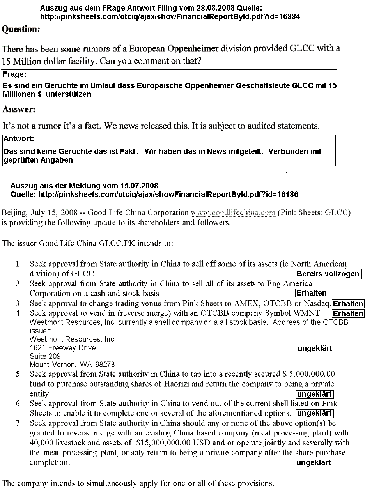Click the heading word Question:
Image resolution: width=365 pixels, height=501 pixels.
[x=21, y=29]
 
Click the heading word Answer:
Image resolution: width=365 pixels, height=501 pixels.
[x=19, y=110]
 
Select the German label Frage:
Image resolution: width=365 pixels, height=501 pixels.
[x=15, y=74]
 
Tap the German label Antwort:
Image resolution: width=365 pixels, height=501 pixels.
[x=19, y=138]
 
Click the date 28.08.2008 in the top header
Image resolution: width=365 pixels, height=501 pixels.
[x=197, y=8]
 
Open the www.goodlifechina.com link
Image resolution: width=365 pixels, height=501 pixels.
[x=233, y=213]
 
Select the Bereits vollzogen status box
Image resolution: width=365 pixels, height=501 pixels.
[x=328, y=274]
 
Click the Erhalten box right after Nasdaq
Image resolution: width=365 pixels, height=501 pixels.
[x=348, y=304]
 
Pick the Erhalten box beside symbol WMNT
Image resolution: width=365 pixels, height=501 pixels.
[x=348, y=313]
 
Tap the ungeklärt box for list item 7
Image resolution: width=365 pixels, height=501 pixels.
[x=314, y=463]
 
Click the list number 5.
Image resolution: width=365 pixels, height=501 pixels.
[x=18, y=374]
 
